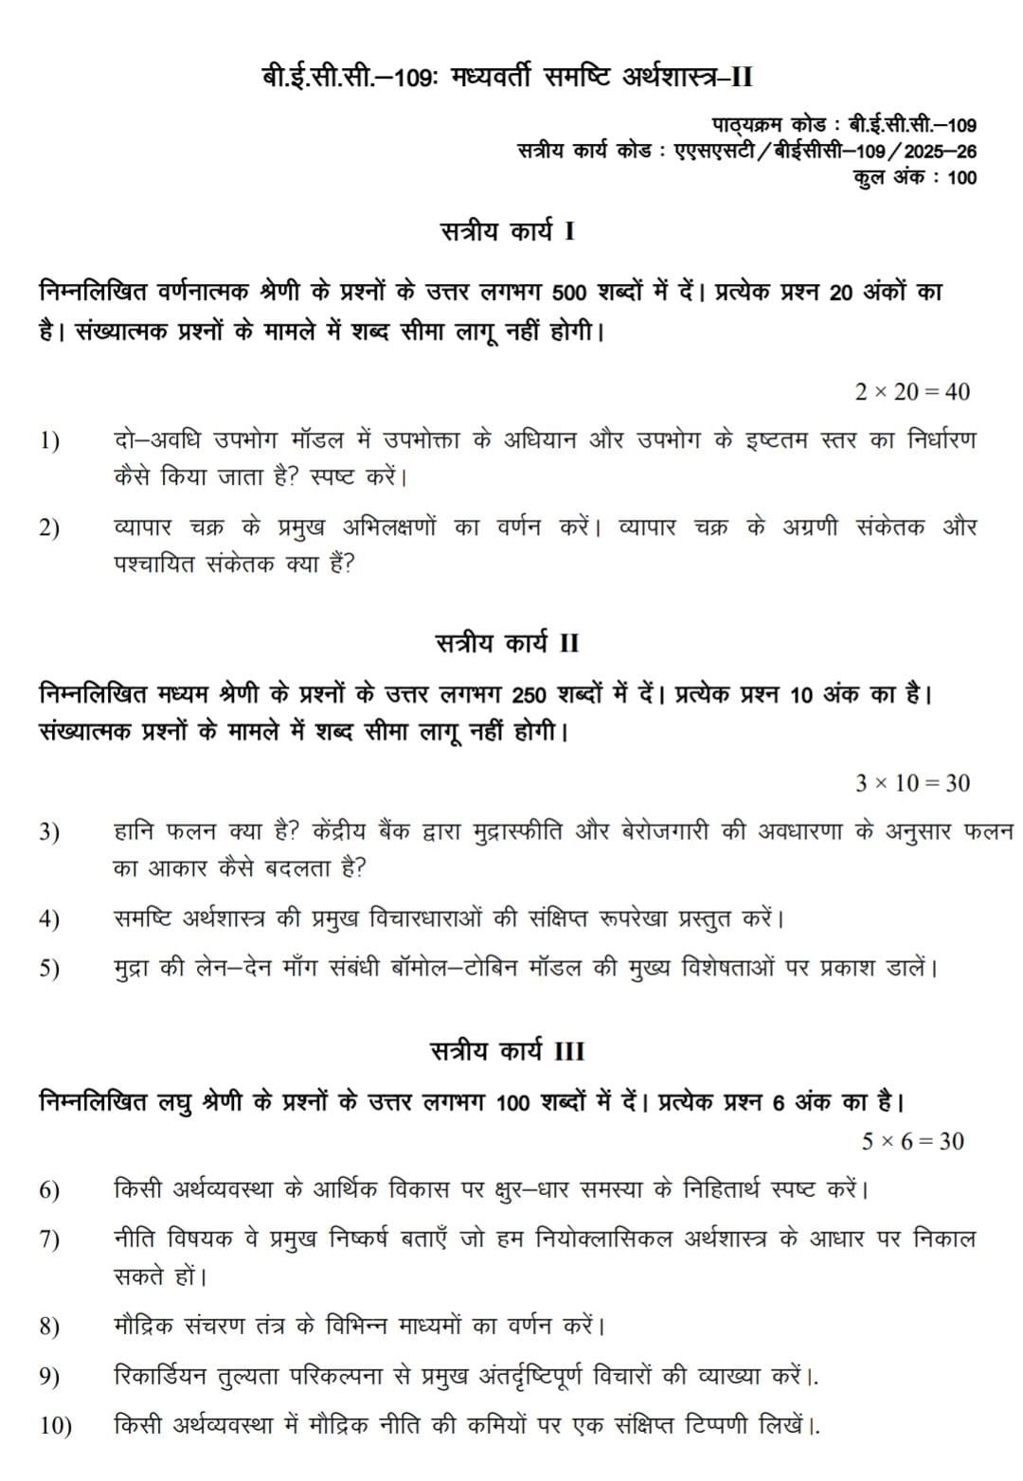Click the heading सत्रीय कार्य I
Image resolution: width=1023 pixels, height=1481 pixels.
[508, 232]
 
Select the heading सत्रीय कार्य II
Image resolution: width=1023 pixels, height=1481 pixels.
[508, 644]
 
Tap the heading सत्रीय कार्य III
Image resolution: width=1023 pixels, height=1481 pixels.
[508, 1051]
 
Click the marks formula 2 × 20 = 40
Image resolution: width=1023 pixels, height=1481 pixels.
[911, 392]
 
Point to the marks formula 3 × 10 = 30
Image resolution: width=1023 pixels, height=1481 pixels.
[911, 783]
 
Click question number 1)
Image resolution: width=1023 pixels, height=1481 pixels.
[49, 441]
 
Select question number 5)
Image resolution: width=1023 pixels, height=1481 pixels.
[49, 969]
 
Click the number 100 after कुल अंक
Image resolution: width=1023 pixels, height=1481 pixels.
[960, 177]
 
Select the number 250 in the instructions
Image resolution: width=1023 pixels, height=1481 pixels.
[529, 696]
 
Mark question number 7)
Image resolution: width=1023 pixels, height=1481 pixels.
[49, 1240]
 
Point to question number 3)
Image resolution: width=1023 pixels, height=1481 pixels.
[49, 832]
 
